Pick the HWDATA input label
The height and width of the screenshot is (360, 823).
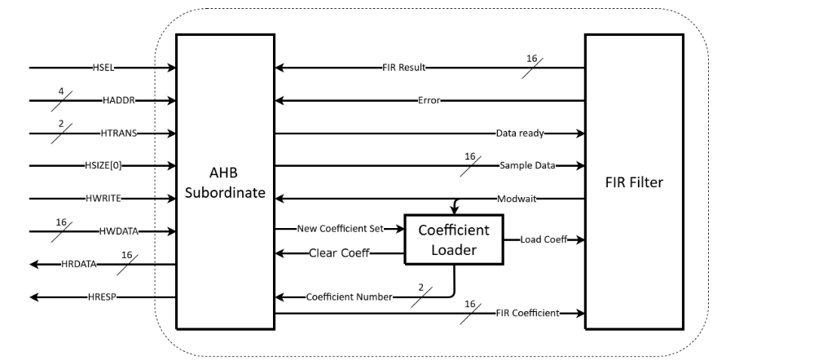[x=120, y=231]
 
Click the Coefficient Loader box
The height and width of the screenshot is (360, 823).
[x=454, y=239]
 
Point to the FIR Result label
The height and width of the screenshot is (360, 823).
[x=404, y=68]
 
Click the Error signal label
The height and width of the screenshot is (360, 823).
[x=429, y=101]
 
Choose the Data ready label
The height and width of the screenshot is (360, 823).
[x=520, y=132]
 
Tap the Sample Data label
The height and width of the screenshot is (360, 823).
[x=527, y=165]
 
